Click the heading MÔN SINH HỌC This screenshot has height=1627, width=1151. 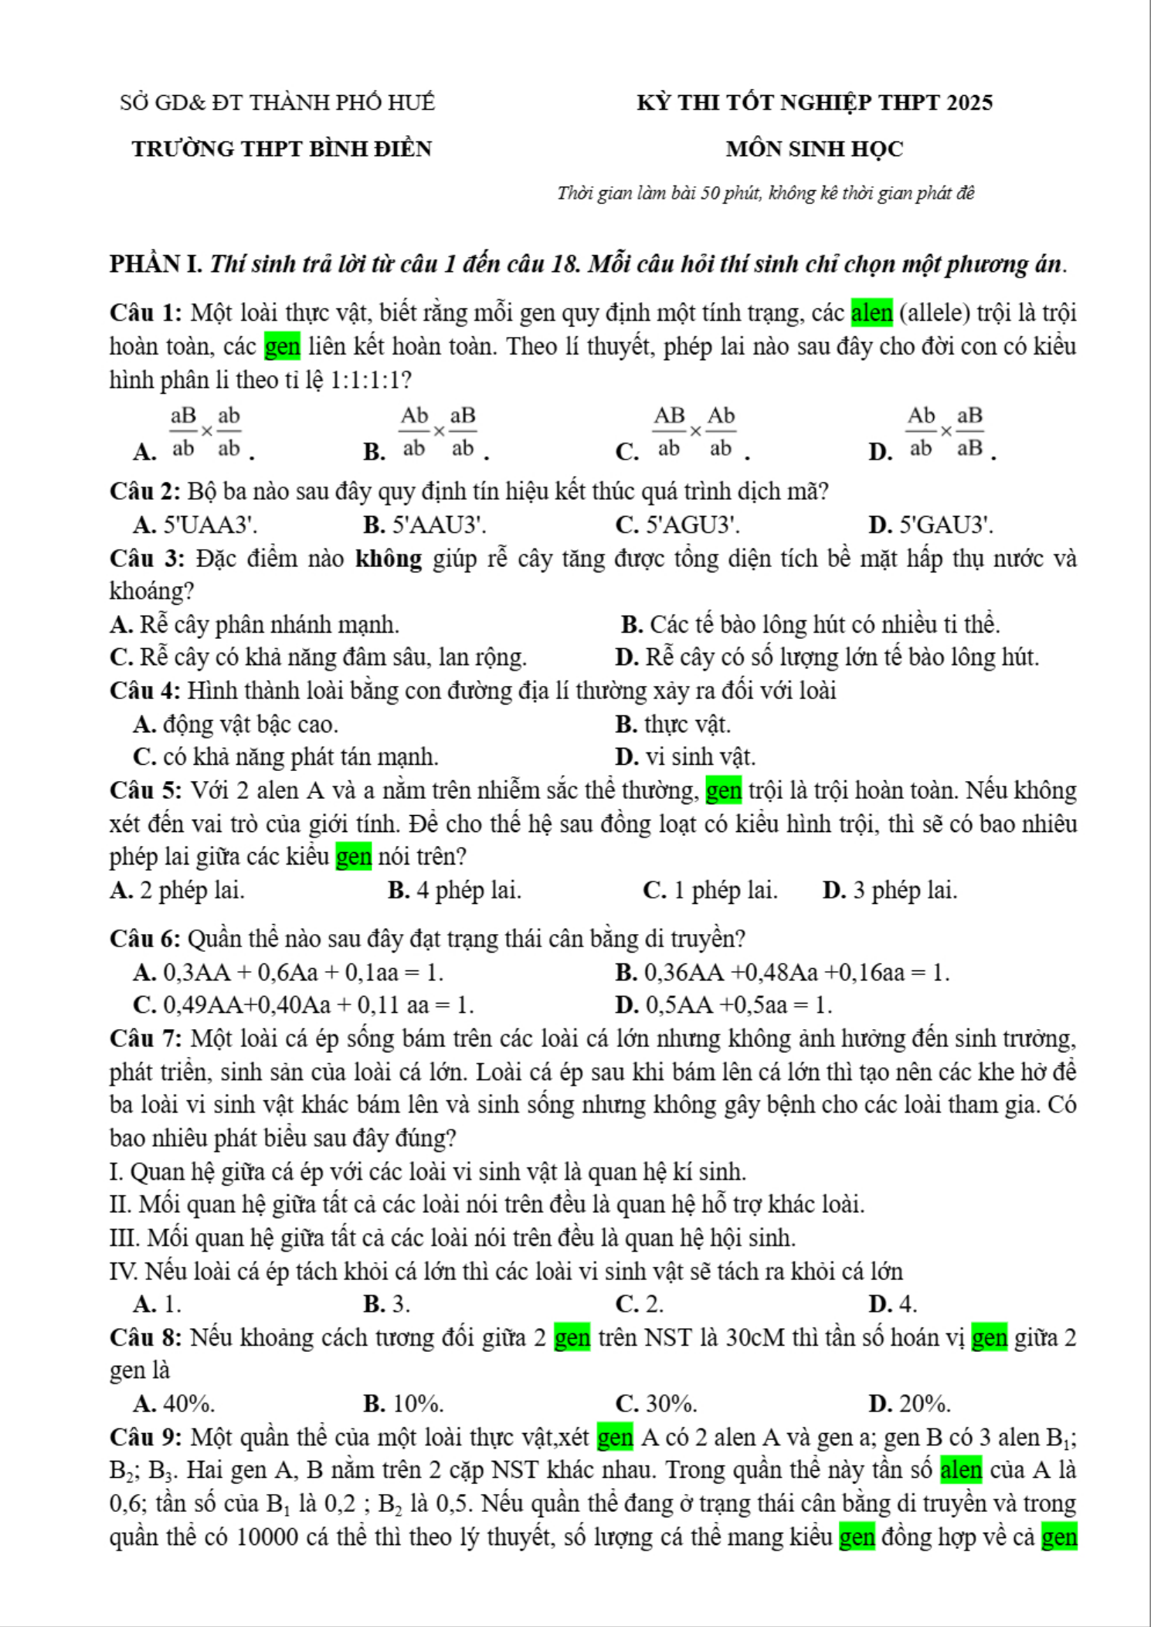[x=814, y=149]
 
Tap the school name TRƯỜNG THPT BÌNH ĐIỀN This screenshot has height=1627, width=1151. [x=282, y=149]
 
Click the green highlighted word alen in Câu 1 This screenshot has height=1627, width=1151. [x=871, y=313]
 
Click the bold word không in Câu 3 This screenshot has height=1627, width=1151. [x=389, y=559]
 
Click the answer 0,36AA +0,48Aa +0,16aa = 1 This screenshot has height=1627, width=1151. [x=796, y=973]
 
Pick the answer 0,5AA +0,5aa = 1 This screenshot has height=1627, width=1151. [x=738, y=1005]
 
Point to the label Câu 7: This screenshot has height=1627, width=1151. [x=145, y=1039]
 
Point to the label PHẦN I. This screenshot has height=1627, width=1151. [x=156, y=264]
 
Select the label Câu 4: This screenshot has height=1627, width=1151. [x=145, y=691]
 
